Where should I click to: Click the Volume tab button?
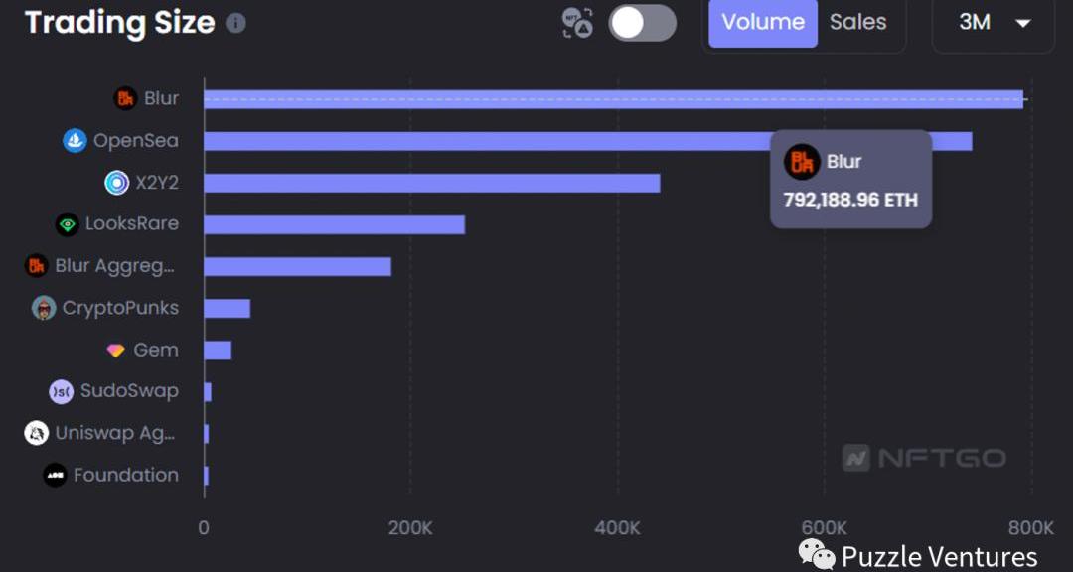[x=762, y=23]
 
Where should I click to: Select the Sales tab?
[x=857, y=23]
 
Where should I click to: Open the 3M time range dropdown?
[x=993, y=23]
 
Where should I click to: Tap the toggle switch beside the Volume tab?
[x=642, y=23]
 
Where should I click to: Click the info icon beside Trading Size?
[x=235, y=23]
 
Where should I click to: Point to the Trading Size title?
[x=119, y=23]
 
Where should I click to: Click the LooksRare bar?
[x=334, y=224]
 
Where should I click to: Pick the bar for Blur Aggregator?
[x=297, y=266]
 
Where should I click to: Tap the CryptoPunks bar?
[x=227, y=308]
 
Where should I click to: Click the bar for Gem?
[x=218, y=350]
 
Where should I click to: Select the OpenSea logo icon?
[x=75, y=140]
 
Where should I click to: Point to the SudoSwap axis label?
[x=129, y=391]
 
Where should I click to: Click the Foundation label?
[x=125, y=475]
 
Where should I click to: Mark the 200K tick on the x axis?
[x=410, y=527]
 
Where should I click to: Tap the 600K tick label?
[x=824, y=527]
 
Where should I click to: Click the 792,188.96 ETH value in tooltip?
[x=850, y=200]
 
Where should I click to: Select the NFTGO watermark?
[x=924, y=458]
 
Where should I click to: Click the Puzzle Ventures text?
[x=939, y=556]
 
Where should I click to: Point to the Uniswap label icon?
[x=37, y=433]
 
